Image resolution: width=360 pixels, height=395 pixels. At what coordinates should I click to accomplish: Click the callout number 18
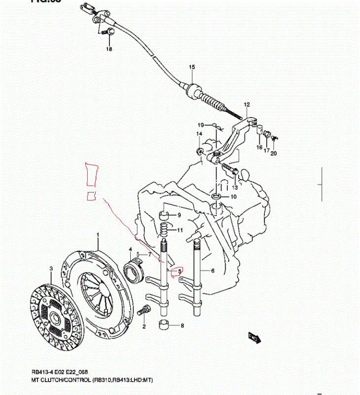(108, 49)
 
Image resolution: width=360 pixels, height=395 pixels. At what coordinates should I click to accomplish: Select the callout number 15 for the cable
(191, 67)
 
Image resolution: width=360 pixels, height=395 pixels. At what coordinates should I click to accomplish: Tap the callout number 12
(247, 104)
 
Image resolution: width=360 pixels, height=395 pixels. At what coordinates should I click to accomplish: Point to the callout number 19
(201, 124)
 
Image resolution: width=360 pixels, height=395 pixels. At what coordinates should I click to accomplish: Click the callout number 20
(274, 153)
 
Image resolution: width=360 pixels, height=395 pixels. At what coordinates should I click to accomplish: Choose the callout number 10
(233, 197)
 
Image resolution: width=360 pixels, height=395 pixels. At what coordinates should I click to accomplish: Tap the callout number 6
(213, 271)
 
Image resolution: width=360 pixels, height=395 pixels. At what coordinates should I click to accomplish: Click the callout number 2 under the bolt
(144, 326)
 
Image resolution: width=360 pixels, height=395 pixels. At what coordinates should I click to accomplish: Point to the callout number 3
(50, 268)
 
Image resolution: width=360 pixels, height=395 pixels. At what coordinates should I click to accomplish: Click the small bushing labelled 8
(164, 325)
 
